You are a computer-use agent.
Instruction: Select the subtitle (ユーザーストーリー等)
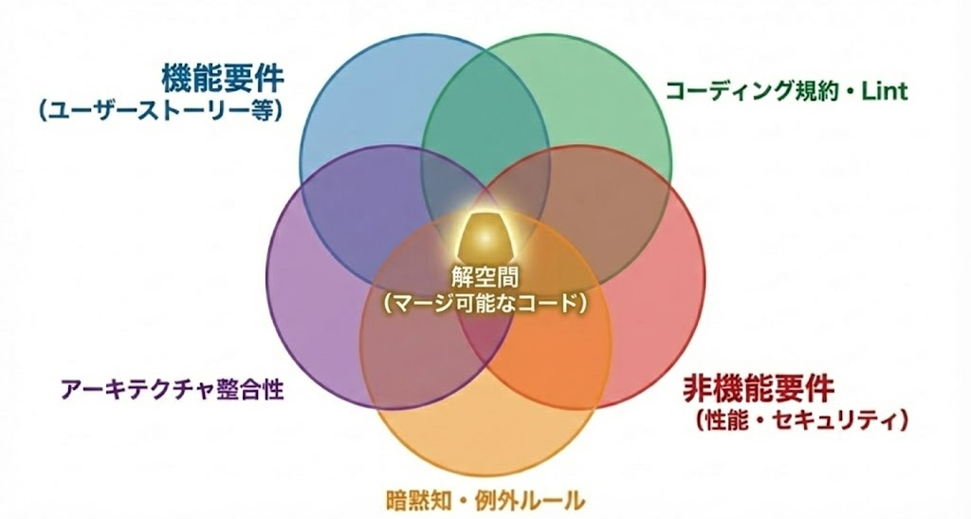[162, 110]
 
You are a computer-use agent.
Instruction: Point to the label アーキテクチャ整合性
[172, 389]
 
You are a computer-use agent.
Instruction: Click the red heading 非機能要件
[758, 388]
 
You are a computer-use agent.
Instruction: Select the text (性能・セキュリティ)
[802, 417]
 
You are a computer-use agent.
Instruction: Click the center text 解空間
[485, 280]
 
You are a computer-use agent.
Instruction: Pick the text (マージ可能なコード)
[485, 304]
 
